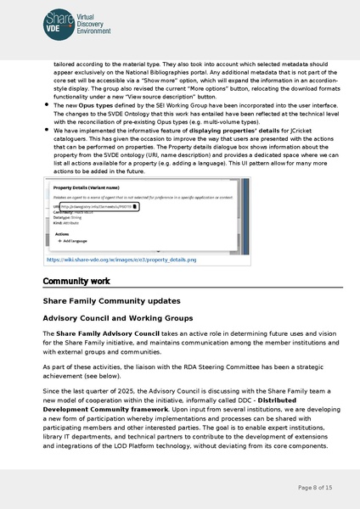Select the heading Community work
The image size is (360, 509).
pos(76,281)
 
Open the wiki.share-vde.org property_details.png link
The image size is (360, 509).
pos(121,260)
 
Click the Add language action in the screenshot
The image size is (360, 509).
pos(71,241)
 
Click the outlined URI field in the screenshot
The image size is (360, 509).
pos(98,205)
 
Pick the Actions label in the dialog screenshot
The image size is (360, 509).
pos(62,232)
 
